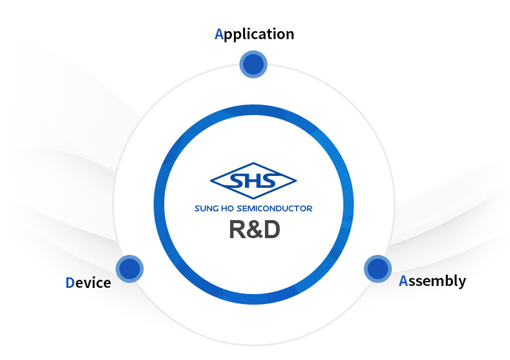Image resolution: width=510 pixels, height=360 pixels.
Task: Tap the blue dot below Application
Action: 253,65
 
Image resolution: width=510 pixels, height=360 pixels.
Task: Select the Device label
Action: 88,283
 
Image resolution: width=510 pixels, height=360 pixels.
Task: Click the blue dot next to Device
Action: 129,269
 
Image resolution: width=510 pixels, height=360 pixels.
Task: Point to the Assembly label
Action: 432,281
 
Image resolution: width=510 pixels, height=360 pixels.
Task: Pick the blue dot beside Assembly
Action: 378,269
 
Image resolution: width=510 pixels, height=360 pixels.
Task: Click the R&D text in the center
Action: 254,229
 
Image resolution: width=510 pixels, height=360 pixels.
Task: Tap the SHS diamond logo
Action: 253,181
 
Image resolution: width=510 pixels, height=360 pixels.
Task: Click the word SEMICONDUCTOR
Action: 274,208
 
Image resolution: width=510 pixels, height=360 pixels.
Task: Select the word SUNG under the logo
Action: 206,208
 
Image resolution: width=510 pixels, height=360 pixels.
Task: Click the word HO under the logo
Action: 228,208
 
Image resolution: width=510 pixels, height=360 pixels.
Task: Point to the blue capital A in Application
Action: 219,34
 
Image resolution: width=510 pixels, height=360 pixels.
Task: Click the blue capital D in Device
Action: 70,283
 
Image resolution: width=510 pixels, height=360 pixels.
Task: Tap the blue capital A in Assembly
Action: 403,280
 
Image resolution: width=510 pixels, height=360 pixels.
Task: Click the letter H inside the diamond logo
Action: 253,181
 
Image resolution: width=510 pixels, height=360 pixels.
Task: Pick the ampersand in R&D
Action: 254,229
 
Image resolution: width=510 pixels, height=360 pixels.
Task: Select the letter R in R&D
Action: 238,229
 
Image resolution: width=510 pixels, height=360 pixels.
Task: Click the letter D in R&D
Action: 272,229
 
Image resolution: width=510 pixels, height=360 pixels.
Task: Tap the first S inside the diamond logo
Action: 237,181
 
